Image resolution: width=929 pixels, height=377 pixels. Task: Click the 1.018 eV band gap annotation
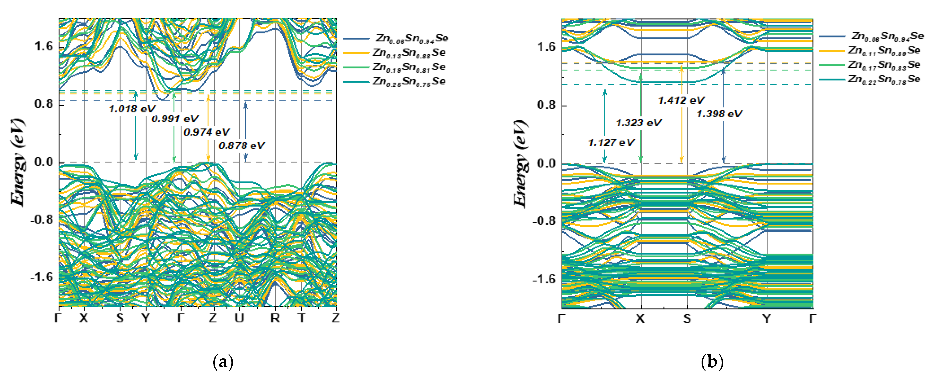click(x=132, y=109)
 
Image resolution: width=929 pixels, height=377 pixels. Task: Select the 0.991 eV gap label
click(x=175, y=119)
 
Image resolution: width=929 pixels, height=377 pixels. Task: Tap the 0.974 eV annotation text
click(x=207, y=132)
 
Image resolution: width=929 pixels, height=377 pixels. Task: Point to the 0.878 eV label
click(x=242, y=145)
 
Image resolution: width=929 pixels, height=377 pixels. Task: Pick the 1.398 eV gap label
click(x=719, y=114)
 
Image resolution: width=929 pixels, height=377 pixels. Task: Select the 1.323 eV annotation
click(x=638, y=123)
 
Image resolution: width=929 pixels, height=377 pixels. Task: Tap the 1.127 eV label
click(x=611, y=142)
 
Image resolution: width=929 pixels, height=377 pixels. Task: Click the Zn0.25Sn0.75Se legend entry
click(x=409, y=81)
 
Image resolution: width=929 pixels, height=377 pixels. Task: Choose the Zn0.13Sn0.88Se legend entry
click(x=409, y=53)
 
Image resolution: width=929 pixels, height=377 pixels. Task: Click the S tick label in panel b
click(x=687, y=319)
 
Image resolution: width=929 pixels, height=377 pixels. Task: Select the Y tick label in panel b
click(x=767, y=319)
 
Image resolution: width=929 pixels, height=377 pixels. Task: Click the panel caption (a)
click(x=223, y=362)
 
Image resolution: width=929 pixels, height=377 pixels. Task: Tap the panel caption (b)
click(x=712, y=362)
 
